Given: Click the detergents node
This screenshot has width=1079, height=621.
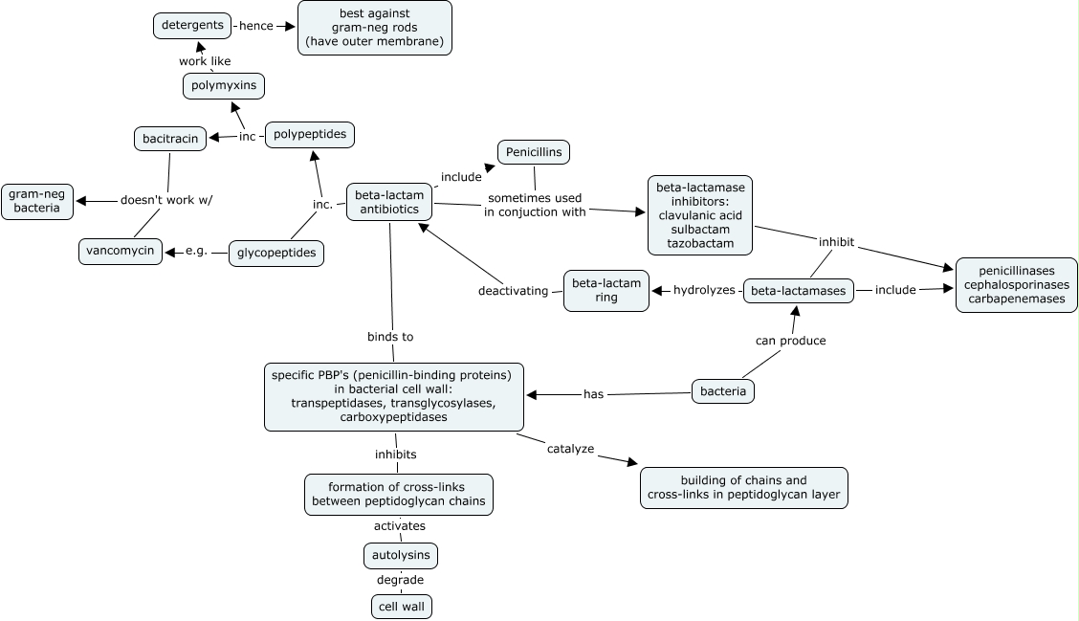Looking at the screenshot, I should (192, 25).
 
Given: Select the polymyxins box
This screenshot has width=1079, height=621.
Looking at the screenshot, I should (224, 86).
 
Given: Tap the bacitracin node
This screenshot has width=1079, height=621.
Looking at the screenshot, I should (169, 139).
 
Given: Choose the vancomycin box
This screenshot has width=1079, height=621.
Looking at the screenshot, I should (121, 251).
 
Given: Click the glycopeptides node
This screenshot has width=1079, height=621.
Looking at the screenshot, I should (276, 254).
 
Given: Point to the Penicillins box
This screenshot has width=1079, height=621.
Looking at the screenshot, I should (534, 152).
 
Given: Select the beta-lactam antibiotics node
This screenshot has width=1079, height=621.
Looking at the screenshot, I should (389, 202).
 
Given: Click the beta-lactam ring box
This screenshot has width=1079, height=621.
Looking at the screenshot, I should (606, 290).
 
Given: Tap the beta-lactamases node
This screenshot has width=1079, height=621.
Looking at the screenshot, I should (799, 291).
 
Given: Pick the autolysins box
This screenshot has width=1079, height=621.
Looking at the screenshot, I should (401, 555).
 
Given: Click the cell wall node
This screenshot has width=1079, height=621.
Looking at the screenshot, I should (402, 607).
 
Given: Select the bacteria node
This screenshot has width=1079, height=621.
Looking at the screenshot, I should (723, 391).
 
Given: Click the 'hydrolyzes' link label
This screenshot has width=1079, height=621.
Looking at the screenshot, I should (704, 290).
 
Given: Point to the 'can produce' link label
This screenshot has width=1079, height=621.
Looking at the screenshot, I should (790, 341).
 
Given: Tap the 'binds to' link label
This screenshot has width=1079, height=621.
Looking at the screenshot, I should (390, 337).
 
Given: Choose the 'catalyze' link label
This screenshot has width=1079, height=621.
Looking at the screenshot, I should (571, 448).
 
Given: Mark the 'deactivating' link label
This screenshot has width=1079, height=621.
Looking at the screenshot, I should (514, 291).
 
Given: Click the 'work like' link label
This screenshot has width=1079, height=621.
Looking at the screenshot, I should (205, 61).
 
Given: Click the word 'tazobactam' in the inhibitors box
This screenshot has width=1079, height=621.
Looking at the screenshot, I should (701, 244).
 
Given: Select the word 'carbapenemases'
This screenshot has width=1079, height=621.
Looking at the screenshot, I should (1017, 299).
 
